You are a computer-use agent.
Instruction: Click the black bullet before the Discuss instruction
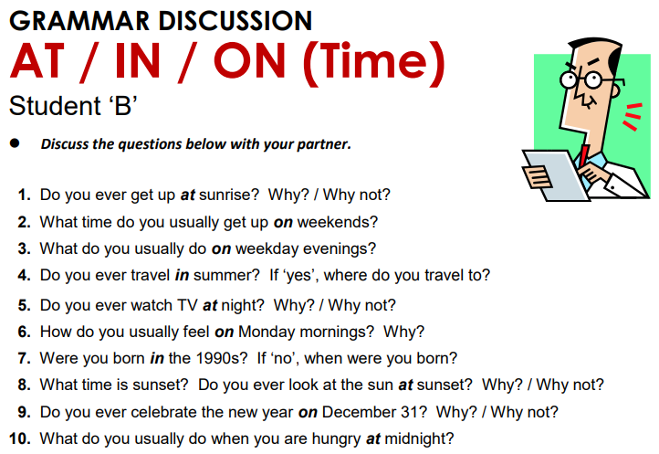pos(16,144)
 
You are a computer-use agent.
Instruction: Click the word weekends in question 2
pos(337,222)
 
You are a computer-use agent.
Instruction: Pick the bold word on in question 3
pos(221,248)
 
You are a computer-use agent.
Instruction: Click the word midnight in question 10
pos(418,438)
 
